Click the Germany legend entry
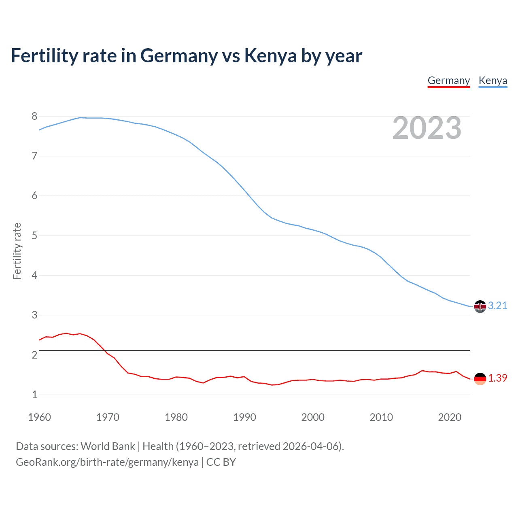pyautogui.click(x=448, y=81)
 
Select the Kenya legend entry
pyautogui.click(x=493, y=81)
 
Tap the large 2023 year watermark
pyautogui.click(x=427, y=128)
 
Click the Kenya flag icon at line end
pyautogui.click(x=480, y=306)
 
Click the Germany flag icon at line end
pyautogui.click(x=480, y=379)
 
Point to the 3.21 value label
pyautogui.click(x=497, y=306)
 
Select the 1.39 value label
pyautogui.click(x=497, y=378)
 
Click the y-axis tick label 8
pyautogui.click(x=34, y=117)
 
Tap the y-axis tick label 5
pyautogui.click(x=34, y=236)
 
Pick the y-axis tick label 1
pyautogui.click(x=34, y=395)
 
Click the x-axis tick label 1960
pyautogui.click(x=39, y=418)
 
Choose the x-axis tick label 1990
pyautogui.click(x=244, y=418)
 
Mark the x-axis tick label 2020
pyautogui.click(x=450, y=418)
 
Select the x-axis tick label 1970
pyautogui.click(x=108, y=418)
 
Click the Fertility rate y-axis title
pyautogui.click(x=17, y=251)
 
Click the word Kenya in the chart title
pyautogui.click(x=270, y=56)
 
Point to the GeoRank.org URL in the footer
pyautogui.click(x=107, y=462)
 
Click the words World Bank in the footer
pyautogui.click(x=108, y=446)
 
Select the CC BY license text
pyautogui.click(x=221, y=462)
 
